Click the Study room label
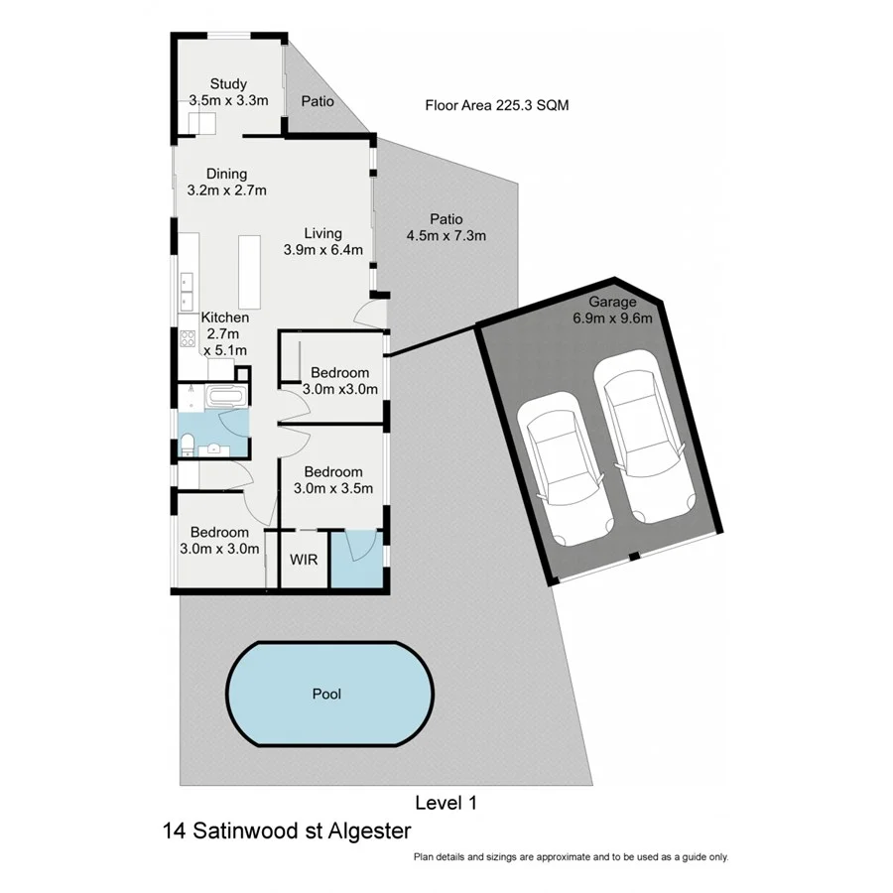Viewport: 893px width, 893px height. point(228,84)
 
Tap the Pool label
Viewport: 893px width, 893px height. point(326,694)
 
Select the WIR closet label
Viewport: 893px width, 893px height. point(304,560)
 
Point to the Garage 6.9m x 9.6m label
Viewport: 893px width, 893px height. point(612,310)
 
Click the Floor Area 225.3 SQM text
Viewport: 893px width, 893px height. point(497,105)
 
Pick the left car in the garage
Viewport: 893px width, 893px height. point(565,468)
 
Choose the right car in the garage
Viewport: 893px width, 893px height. point(644,437)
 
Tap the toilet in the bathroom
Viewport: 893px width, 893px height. point(188,445)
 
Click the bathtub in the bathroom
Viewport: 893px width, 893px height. point(226,396)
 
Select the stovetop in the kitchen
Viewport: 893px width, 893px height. point(188,338)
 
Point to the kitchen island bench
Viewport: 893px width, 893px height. point(249,272)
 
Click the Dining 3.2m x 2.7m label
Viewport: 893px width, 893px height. point(226,183)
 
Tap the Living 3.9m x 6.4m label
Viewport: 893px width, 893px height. point(322,241)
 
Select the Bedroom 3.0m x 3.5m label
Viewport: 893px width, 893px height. point(333,480)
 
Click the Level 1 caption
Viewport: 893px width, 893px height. point(446,803)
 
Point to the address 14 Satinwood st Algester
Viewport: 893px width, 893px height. point(287,830)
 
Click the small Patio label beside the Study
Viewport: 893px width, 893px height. point(318,101)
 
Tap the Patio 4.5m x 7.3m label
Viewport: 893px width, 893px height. point(446,227)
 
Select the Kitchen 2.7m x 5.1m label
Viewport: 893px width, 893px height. point(225,333)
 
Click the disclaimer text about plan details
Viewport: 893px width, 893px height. point(572,856)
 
